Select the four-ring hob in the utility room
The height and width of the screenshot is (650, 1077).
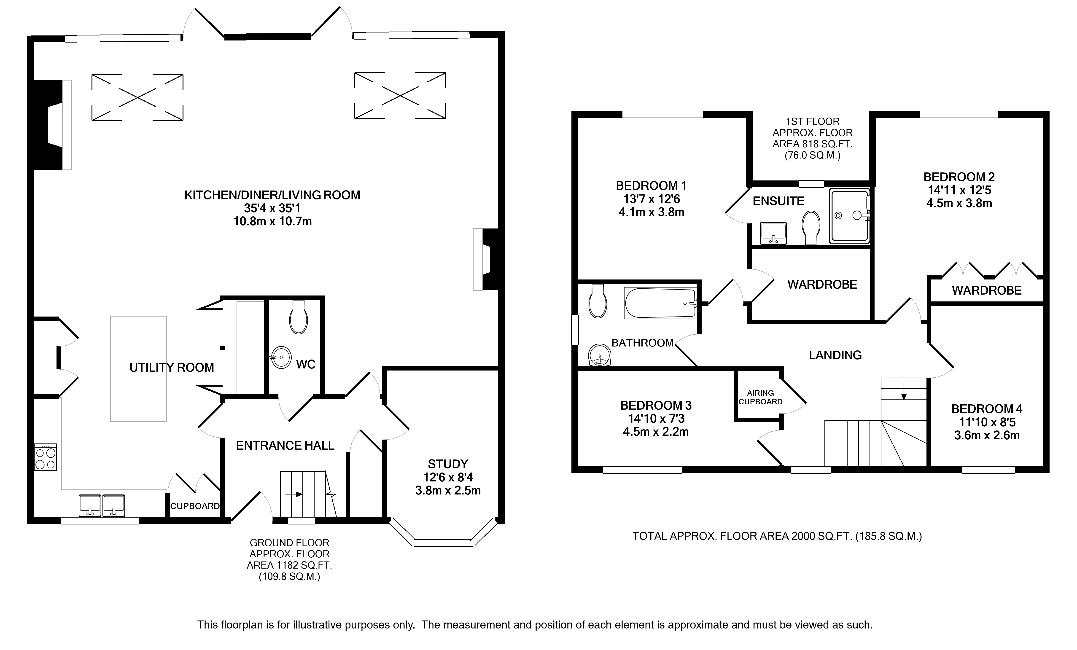click(x=46, y=457)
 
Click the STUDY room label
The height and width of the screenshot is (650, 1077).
click(x=448, y=464)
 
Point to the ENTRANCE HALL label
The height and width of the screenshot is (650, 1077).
click(x=285, y=446)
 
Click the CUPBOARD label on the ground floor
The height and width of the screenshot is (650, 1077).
click(x=195, y=506)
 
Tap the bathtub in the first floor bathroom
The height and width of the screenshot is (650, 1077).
click(x=660, y=303)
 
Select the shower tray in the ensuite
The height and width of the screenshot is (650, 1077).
click(x=850, y=216)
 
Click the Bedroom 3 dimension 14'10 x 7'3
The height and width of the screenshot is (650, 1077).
click(x=656, y=418)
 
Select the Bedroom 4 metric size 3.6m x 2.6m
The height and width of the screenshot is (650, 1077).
click(x=987, y=435)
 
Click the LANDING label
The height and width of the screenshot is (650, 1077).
click(x=835, y=355)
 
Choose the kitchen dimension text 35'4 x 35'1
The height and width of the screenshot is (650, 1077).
click(x=272, y=208)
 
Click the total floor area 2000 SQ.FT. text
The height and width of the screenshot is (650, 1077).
click(x=777, y=536)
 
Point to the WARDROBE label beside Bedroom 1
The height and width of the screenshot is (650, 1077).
click(x=822, y=285)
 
